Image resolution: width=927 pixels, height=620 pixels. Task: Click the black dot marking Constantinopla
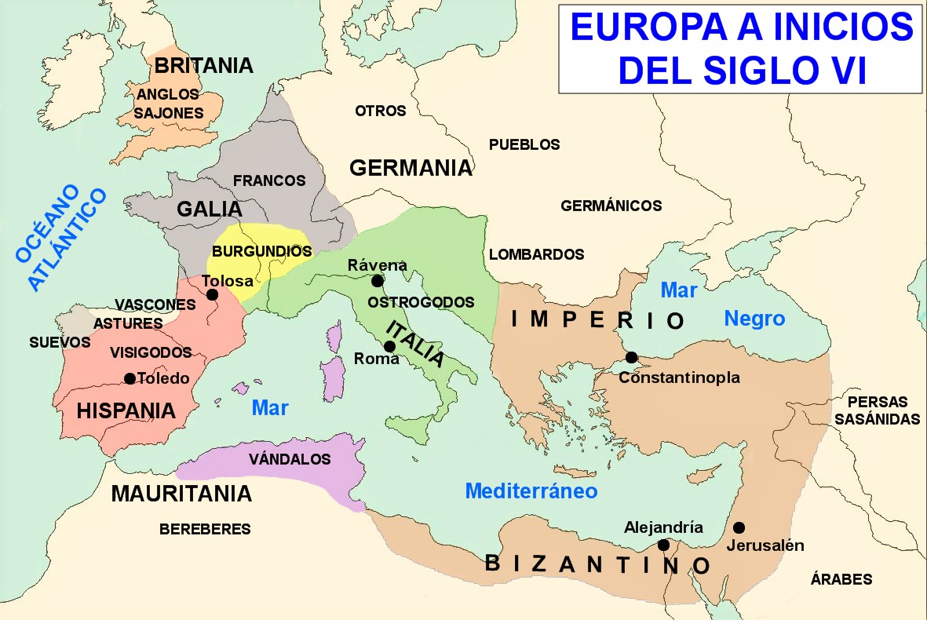point(631,358)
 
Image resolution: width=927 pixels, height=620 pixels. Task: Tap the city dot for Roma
point(389,346)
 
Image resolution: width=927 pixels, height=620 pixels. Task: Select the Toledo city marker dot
point(130,378)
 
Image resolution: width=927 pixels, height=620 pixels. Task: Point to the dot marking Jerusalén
point(738,527)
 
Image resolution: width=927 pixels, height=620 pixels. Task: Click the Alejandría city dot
point(663,545)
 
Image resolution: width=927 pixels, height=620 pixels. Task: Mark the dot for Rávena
point(378,281)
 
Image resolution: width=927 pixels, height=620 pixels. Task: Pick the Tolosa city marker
point(212,295)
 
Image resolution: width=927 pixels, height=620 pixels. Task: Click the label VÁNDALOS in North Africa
point(290,459)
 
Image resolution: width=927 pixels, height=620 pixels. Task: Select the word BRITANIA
point(204,65)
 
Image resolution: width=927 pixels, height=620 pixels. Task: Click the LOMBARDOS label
point(536,254)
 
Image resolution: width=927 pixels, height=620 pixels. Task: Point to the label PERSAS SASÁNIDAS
point(877,409)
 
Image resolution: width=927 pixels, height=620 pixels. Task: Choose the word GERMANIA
point(411,167)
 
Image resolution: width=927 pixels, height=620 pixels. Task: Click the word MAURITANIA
point(181,494)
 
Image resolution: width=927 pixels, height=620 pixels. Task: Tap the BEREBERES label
point(205,529)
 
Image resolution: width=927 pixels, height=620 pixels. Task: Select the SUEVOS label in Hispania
point(60,342)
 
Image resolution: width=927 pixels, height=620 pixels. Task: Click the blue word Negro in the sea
point(754,319)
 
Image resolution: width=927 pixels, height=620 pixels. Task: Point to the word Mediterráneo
point(531,491)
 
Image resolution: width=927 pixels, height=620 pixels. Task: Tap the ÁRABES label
point(841,579)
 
